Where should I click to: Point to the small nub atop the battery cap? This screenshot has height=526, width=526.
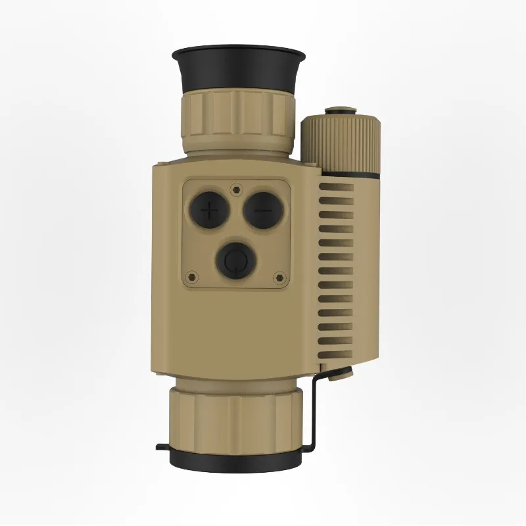point(341,110)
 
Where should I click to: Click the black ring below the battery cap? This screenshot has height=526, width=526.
point(348,175)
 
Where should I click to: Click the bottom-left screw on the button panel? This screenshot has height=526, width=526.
point(192,277)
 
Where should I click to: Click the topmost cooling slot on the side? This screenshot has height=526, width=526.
point(337,188)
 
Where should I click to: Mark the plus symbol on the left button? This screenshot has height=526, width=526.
point(210,211)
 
